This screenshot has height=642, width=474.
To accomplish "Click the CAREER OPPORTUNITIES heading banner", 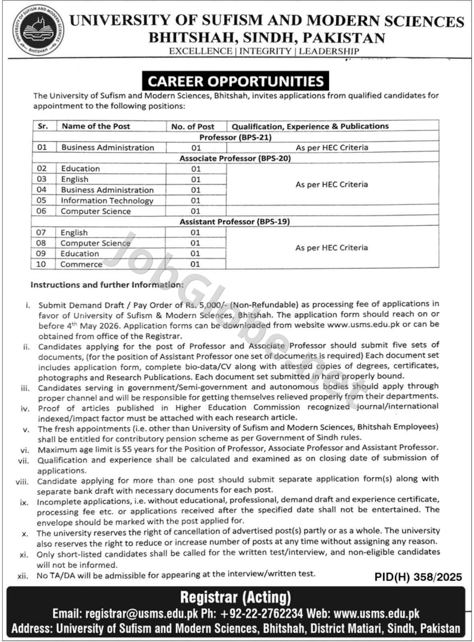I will click(235, 81).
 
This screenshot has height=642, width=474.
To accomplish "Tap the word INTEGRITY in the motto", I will click(265, 51).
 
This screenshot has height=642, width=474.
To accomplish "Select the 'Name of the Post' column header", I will click(96, 126).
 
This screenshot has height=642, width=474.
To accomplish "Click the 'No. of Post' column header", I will click(192, 126).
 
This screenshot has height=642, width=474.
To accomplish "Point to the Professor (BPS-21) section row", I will click(235, 137).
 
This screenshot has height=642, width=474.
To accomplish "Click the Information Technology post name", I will click(107, 201).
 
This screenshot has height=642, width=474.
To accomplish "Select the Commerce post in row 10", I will click(81, 264).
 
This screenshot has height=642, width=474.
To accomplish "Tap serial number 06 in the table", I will click(41, 211).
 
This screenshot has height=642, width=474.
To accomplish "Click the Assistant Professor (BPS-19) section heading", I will click(235, 221).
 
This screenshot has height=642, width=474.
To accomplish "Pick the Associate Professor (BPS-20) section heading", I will click(235, 158).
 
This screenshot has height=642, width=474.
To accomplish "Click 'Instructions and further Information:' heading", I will click(107, 285).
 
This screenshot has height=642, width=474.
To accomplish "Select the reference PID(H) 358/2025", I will click(418, 577).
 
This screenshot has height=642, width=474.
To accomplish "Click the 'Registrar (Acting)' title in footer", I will click(235, 597).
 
